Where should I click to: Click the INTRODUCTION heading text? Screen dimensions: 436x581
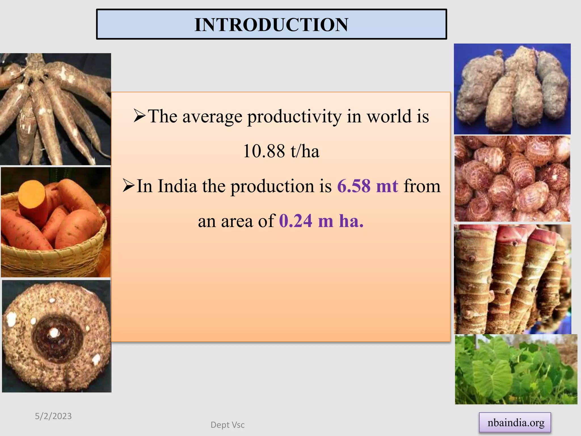click(x=271, y=24)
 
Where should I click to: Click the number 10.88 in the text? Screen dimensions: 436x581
click(x=264, y=151)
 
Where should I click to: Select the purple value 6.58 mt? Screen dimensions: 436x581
click(x=368, y=186)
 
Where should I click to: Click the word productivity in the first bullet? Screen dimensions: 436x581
click(x=294, y=116)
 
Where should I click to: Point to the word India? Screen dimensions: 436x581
click(x=177, y=186)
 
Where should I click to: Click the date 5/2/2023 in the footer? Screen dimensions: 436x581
click(x=53, y=416)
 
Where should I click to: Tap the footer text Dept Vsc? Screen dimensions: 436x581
click(x=228, y=425)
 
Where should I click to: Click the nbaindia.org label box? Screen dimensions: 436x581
click(x=515, y=423)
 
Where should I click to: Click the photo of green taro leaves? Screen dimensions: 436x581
click(x=516, y=369)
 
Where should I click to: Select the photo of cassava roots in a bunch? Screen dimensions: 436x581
click(x=55, y=109)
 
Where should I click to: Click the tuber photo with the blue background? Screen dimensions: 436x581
click(x=512, y=89)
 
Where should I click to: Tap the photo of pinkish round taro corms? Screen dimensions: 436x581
click(x=512, y=179)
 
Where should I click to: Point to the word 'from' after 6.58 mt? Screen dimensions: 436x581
click(x=422, y=186)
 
